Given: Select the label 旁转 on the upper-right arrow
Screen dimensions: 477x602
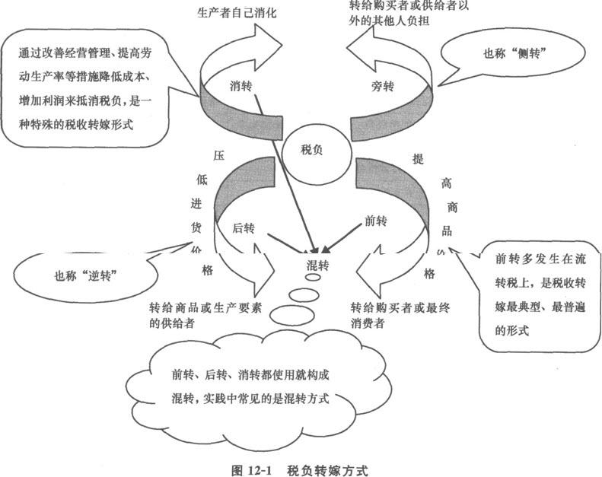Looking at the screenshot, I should click(382, 87).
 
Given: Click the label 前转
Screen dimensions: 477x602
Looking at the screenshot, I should click(376, 221).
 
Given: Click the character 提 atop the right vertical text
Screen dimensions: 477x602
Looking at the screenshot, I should click(417, 159).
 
